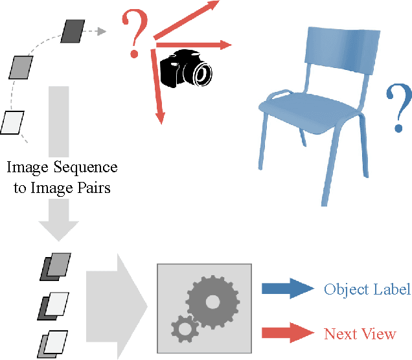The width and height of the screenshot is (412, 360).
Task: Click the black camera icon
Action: [x=186, y=70]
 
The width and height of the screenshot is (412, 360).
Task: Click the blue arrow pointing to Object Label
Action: [x=287, y=289]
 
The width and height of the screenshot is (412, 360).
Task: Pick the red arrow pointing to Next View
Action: [x=287, y=333]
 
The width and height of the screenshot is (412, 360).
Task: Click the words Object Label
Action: [x=367, y=289]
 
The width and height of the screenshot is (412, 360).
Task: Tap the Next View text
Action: [x=360, y=334]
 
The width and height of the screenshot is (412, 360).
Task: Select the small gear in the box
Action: [x=185, y=328]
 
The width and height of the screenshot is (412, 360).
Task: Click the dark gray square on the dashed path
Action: [x=72, y=30]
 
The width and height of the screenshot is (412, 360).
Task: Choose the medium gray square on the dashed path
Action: [x=21, y=66]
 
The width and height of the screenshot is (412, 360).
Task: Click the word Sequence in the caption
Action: [x=86, y=168]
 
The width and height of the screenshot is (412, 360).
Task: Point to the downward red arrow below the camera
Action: [x=157, y=91]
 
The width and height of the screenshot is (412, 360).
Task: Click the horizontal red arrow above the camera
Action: [x=194, y=45]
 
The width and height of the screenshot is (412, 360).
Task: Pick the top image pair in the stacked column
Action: [x=55, y=266]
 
